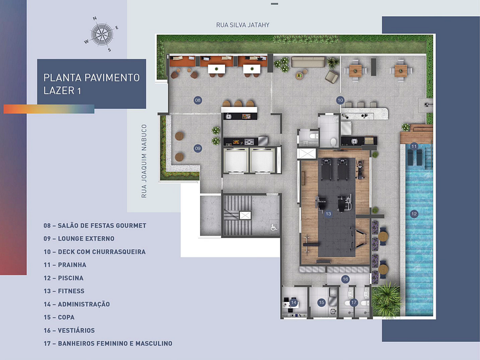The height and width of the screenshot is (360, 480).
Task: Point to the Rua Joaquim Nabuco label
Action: pyautogui.click(x=144, y=161)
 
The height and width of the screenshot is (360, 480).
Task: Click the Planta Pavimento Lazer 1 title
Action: pyautogui.click(x=91, y=84)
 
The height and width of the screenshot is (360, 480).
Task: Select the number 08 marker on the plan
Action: pyautogui.click(x=197, y=100)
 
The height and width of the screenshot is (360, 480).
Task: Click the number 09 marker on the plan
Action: pyautogui.click(x=197, y=148)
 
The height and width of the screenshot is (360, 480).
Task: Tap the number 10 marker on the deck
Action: pyautogui.click(x=340, y=100)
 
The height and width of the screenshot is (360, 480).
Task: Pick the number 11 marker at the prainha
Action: pyautogui.click(x=414, y=146)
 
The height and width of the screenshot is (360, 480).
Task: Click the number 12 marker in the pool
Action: pyautogui.click(x=414, y=214)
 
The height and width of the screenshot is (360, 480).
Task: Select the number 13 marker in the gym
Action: pyautogui.click(x=328, y=214)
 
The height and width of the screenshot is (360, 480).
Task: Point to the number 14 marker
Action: pyautogui.click(x=294, y=302)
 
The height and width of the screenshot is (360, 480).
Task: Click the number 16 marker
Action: pyautogui.click(x=345, y=279)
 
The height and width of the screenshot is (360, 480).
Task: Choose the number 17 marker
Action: pyautogui.click(x=353, y=302)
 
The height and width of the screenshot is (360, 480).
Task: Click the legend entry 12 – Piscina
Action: pyautogui.click(x=63, y=277)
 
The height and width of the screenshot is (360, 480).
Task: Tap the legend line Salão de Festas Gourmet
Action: pyautogui.click(x=94, y=225)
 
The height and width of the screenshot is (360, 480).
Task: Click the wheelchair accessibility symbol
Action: pyautogui.click(x=273, y=228)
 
